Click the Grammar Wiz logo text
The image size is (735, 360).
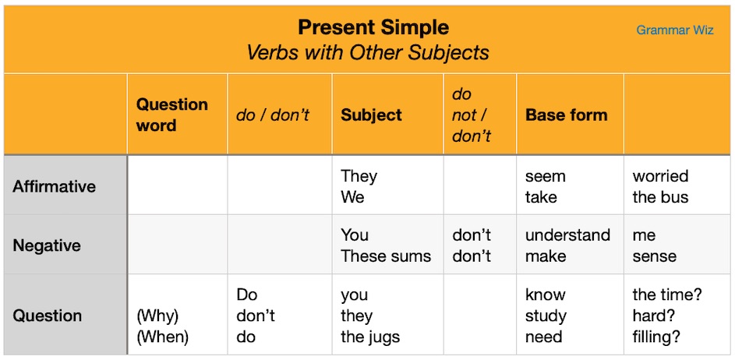pyautogui.click(x=674, y=30)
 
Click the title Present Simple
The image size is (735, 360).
pyautogui.click(x=373, y=28)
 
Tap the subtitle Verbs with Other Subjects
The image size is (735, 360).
pyautogui.click(x=368, y=53)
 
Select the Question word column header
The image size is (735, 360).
pyautogui.click(x=171, y=115)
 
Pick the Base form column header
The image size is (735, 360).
pyautogui.click(x=566, y=115)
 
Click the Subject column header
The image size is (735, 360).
pyautogui.click(x=371, y=115)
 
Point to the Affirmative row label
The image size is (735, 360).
pyautogui.click(x=55, y=186)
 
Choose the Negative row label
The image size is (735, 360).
pyautogui.click(x=46, y=245)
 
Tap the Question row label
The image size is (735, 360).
pyautogui.click(x=47, y=316)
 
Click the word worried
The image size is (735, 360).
pyautogui.click(x=660, y=176)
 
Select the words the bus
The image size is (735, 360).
pyautogui.click(x=660, y=197)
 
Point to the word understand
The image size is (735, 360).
pyautogui.click(x=567, y=235)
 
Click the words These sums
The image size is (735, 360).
pyautogui.click(x=386, y=256)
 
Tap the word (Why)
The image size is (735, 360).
pyautogui.click(x=157, y=316)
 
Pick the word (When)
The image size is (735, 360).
pyautogui.click(x=162, y=337)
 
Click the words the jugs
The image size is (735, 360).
pyautogui.click(x=370, y=337)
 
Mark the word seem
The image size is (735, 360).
pyautogui.click(x=545, y=176)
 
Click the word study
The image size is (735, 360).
pyautogui.click(x=546, y=316)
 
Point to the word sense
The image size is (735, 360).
pyautogui.click(x=654, y=256)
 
